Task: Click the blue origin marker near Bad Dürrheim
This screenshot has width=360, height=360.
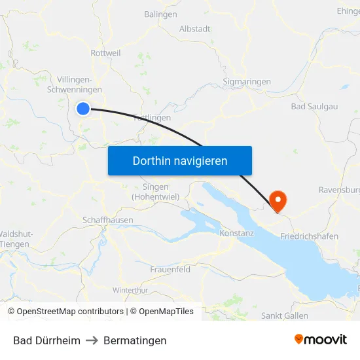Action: pyautogui.click(x=83, y=109)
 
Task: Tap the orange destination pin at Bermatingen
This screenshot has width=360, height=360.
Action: pyautogui.click(x=278, y=200)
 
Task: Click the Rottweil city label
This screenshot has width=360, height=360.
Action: pyautogui.click(x=106, y=53)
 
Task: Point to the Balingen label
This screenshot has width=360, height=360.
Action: pyautogui.click(x=160, y=14)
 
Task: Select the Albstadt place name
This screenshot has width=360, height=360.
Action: pyautogui.click(x=194, y=29)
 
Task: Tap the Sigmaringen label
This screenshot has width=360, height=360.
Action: pyautogui.click(x=247, y=82)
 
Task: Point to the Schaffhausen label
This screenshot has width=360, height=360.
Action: pyautogui.click(x=108, y=221)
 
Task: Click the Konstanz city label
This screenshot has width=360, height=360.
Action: pyautogui.click(x=237, y=233)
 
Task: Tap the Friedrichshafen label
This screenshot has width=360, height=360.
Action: pyautogui.click(x=309, y=236)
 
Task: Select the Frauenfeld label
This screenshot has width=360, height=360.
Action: pyautogui.click(x=170, y=269)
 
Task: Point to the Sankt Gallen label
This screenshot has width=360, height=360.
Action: pyautogui.click(x=285, y=315)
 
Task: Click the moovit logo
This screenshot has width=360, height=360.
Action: pyautogui.click(x=321, y=340)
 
